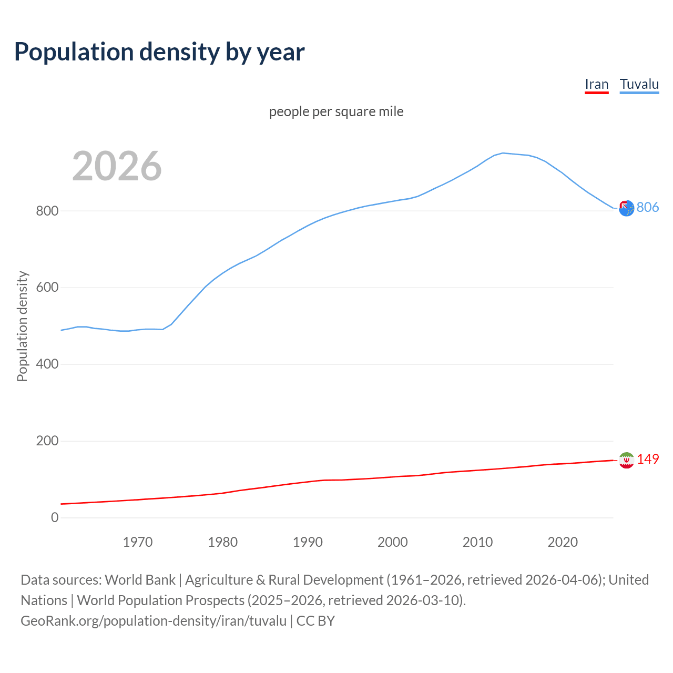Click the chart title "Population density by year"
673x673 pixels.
point(159,52)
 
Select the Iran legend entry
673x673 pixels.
point(596,85)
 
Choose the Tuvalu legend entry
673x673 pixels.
point(639,85)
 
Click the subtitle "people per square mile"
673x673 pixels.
point(336,111)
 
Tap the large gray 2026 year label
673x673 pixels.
point(117,166)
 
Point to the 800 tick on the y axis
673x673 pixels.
point(47,211)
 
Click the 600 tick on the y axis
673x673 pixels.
point(47,288)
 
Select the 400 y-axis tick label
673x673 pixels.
point(47,364)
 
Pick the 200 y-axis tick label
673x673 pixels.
point(47,441)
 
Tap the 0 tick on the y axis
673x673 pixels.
point(55,518)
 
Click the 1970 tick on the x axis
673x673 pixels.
point(138,542)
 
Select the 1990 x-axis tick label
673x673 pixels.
point(308,542)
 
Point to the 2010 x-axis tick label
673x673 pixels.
point(477,542)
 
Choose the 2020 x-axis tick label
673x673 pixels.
point(563,542)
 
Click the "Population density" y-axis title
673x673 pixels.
point(22,326)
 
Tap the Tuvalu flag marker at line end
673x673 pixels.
point(626,208)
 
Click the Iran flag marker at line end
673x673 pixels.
point(626,460)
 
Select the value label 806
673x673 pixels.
point(648,207)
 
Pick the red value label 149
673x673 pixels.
point(648,459)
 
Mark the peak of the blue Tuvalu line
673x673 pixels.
point(503,153)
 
